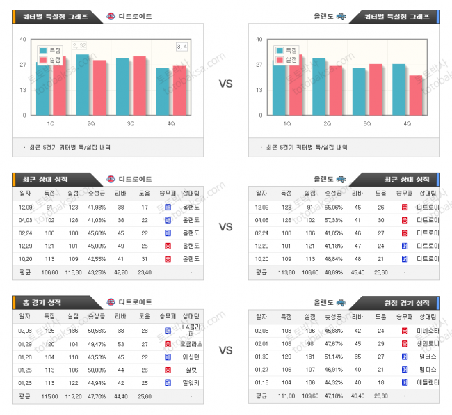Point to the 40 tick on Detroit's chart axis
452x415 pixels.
click(24, 39)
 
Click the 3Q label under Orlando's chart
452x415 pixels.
click(366, 123)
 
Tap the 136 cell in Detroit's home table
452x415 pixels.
click(73, 331)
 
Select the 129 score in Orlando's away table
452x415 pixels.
click(286, 357)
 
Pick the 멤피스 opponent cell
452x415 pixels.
click(427, 369)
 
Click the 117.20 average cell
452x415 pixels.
click(73, 396)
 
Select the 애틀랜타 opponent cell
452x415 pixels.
click(427, 382)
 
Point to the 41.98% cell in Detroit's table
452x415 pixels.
click(97, 207)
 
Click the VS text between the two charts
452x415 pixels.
click(226, 84)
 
